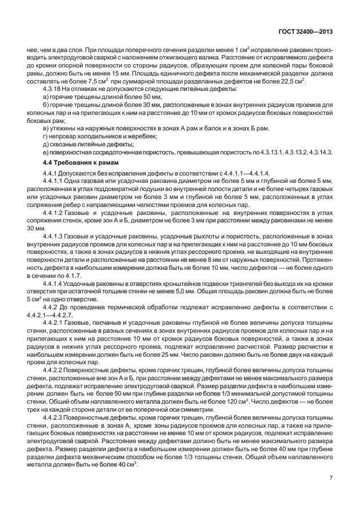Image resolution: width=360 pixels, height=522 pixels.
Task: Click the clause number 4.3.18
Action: coord(54,90)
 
